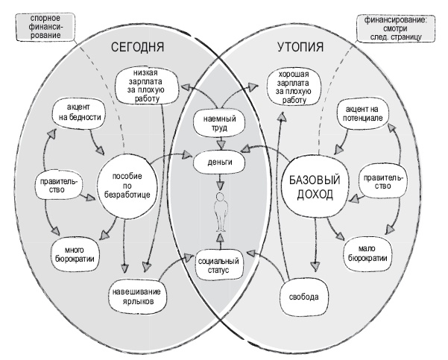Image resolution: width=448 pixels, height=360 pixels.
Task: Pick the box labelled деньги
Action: pyautogui.click(x=220, y=161)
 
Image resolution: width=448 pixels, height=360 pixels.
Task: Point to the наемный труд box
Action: pyautogui.click(x=220, y=121)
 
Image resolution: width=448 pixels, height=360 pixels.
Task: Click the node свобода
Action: pyautogui.click(x=303, y=297)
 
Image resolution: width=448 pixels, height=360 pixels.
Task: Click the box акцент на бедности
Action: pyautogui.click(x=78, y=113)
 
